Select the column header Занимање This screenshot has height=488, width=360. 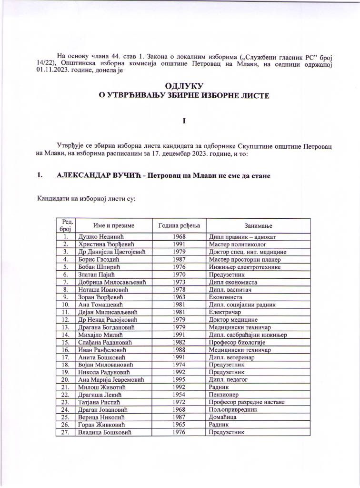click(259, 225)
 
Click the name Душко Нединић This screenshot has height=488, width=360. click(99, 237)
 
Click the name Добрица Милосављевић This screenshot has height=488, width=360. click(111, 282)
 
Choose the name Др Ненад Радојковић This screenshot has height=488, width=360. click(109, 319)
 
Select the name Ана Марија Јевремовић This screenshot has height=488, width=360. click(110, 380)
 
